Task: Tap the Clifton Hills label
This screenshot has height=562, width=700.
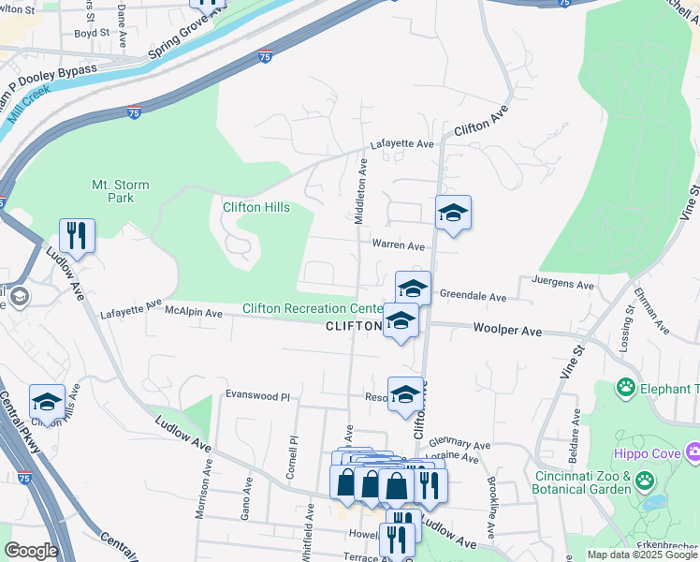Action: pyautogui.click(x=255, y=207)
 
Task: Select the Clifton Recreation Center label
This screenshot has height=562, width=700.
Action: pyautogui.click(x=313, y=309)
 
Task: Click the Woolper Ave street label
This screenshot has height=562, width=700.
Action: pyautogui.click(x=507, y=330)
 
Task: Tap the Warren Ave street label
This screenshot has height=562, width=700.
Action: pyautogui.click(x=399, y=245)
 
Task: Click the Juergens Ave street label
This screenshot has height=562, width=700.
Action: pyautogui.click(x=562, y=285)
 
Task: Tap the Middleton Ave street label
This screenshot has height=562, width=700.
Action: pyautogui.click(x=360, y=192)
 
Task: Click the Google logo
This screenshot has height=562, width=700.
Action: pyautogui.click(x=31, y=551)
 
